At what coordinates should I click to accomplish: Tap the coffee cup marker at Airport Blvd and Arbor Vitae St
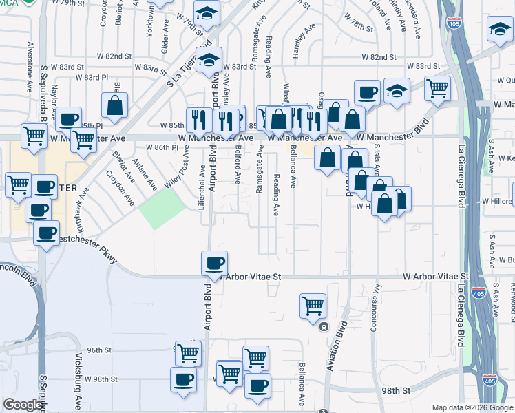215,263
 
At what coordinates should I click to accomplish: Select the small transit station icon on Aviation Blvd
324,326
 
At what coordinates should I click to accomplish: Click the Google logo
23,405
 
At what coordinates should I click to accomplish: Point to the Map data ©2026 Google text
472,407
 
